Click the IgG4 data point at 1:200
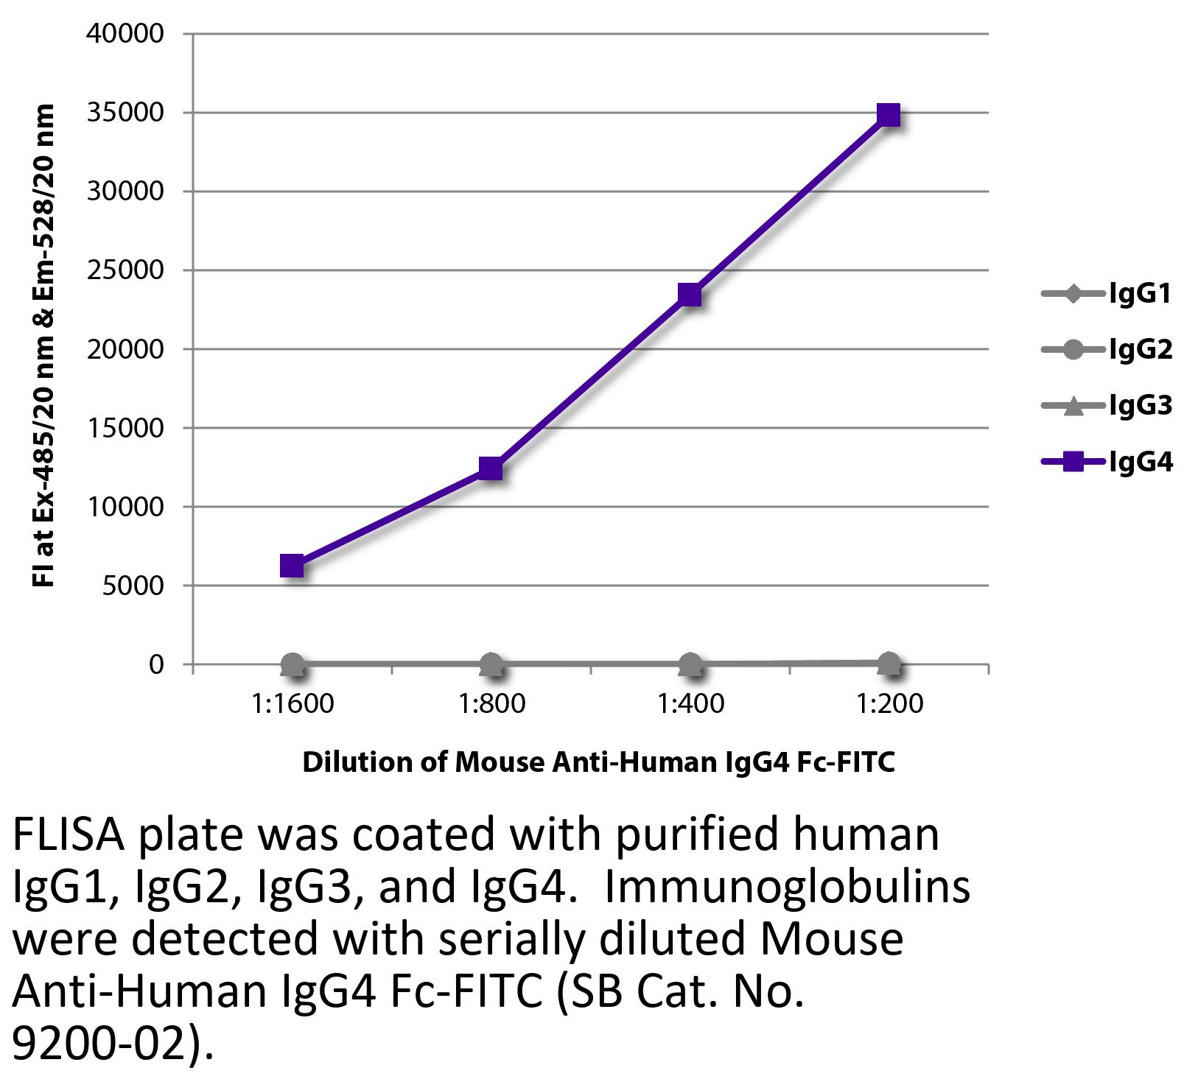[x=889, y=116]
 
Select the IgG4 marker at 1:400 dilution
[x=690, y=295]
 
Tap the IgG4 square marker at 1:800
[x=491, y=468]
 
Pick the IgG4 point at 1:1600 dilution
[x=293, y=566]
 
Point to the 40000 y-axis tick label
[x=126, y=34]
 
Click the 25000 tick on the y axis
[x=126, y=270]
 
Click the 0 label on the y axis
[x=155, y=664]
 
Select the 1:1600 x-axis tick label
[x=293, y=704]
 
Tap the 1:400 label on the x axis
[x=690, y=704]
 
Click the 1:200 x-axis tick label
[x=889, y=704]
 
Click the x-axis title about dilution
[x=598, y=762]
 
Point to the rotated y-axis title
[x=44, y=346]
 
